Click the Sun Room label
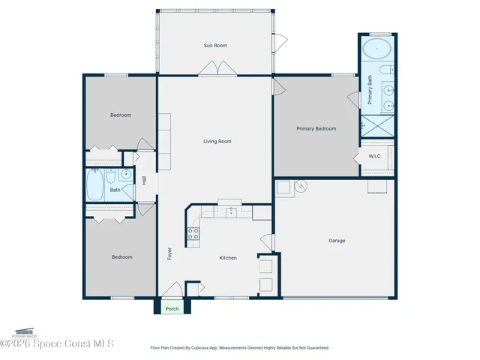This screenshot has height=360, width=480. (x=215, y=46)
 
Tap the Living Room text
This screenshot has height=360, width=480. (x=217, y=141)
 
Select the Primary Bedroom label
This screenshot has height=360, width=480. (x=316, y=129)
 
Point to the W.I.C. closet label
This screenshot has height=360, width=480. (x=376, y=156)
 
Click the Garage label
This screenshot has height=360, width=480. (x=337, y=241)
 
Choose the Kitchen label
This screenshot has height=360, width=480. (x=228, y=258)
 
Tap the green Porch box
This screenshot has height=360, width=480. (x=172, y=307)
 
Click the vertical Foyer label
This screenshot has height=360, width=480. (x=169, y=253)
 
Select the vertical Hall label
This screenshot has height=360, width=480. (x=143, y=180)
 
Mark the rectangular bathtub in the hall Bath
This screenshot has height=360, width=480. (x=95, y=184)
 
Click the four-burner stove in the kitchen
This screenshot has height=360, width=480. (x=193, y=232)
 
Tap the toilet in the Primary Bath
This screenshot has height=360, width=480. (x=383, y=70)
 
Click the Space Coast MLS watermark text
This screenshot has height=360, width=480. (x=58, y=344)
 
